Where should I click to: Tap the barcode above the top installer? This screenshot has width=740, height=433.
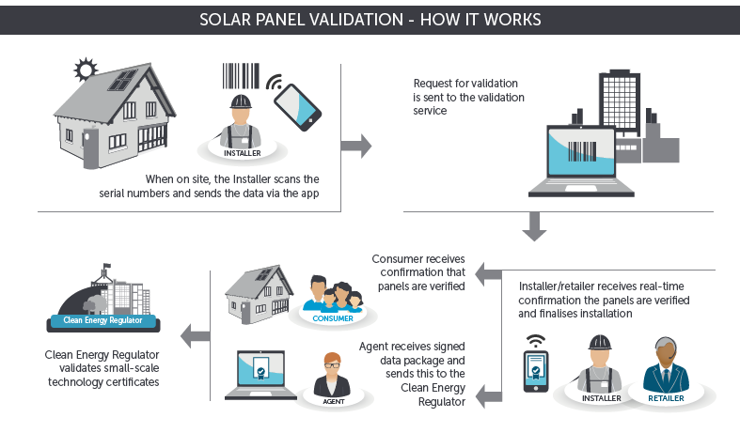pos(242,77)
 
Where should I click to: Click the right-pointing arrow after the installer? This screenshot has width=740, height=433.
pos(355,146)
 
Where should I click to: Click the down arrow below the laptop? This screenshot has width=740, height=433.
pos(535,226)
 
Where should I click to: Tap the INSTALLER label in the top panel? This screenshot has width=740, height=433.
pos(243,151)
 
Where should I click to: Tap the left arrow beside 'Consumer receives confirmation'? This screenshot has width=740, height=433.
pos(487,274)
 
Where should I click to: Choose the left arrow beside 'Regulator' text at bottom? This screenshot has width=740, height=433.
pos(487,395)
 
